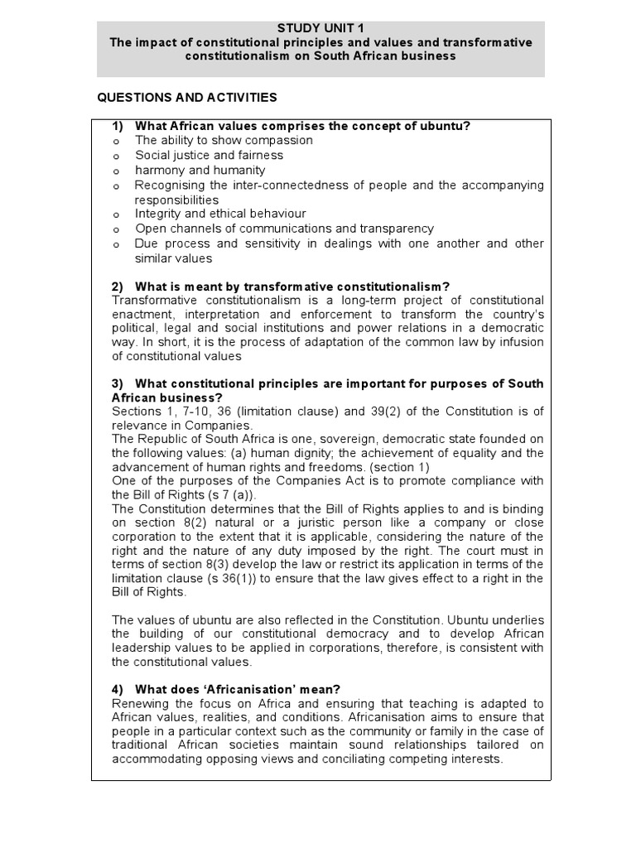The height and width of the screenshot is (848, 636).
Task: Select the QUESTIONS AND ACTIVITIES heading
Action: coord(187,98)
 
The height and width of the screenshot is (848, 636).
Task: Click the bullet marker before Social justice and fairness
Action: coord(117,157)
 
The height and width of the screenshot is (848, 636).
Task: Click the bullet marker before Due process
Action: coord(117,245)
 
